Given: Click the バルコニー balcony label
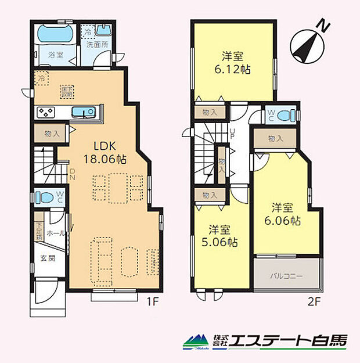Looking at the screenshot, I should (287, 276).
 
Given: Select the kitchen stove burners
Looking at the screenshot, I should (46, 112).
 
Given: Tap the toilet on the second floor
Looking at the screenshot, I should (284, 116).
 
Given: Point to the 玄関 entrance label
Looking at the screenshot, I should (48, 259).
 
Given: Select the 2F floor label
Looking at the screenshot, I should (312, 302).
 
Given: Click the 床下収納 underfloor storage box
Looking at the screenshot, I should (67, 91).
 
